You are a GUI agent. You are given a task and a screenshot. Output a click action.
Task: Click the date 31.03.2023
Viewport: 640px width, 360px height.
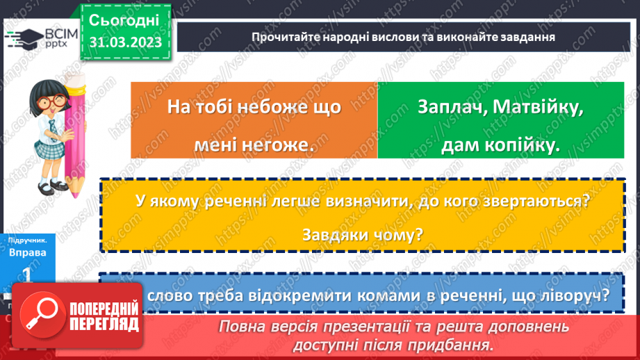click(125, 42)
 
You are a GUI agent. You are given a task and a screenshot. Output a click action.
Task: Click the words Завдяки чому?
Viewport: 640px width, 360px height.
click(362, 235)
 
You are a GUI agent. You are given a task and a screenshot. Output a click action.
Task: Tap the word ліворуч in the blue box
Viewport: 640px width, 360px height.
click(572, 295)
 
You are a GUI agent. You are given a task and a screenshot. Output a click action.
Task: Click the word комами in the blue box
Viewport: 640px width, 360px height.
click(387, 295)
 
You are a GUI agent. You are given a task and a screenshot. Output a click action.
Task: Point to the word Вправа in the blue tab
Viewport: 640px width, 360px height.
click(28, 252)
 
